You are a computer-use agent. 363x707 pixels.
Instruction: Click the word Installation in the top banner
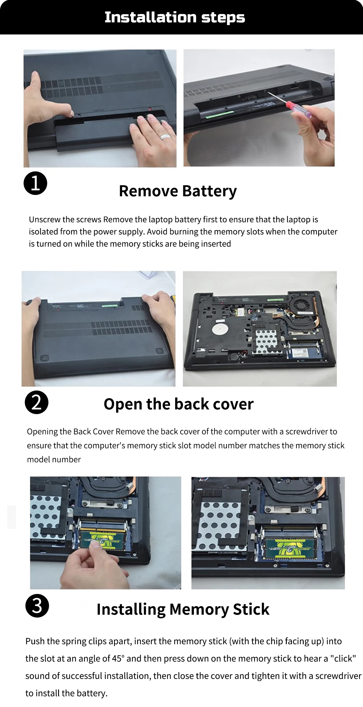(x=151, y=17)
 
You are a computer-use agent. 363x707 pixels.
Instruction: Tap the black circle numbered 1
(x=35, y=183)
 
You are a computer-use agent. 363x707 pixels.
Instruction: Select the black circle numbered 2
(x=37, y=402)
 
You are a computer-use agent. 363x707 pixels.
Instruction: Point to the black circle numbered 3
(x=37, y=606)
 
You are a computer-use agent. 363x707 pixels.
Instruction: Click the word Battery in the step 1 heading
(x=209, y=191)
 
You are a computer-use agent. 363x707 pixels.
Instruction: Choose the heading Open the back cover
(x=178, y=404)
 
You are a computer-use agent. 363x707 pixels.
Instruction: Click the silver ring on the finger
(x=166, y=137)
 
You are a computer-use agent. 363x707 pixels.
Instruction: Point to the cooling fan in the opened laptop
(x=301, y=306)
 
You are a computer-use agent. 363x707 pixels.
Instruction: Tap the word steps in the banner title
(x=223, y=18)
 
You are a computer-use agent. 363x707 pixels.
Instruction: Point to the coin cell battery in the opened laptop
(x=235, y=356)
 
